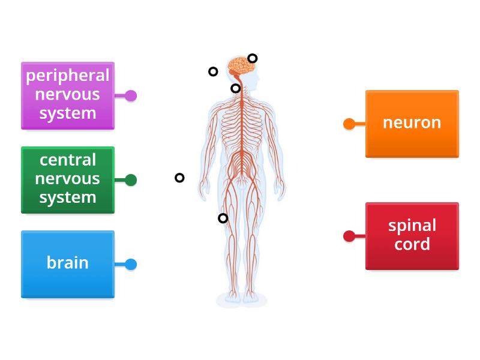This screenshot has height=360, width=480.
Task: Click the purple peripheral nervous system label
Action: coord(67,95)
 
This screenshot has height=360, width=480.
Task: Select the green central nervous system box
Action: coord(67,179)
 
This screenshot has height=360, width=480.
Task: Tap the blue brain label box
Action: coord(67,263)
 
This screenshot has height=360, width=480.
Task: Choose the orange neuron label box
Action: coord(412,123)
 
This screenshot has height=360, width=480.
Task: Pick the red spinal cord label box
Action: coord(412,235)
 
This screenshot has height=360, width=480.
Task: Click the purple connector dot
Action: coord(131,95)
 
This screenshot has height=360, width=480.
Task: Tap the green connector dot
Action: coord(131,180)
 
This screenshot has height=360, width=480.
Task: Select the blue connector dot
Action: coord(131,264)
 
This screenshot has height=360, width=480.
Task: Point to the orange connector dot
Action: coord(349,124)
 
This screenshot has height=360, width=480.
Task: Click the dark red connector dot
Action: coord(349,236)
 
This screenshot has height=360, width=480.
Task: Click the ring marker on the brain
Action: coord(253,58)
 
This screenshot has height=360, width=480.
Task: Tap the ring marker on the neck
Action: coord(236,89)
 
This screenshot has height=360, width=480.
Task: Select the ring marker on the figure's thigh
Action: coord(223,218)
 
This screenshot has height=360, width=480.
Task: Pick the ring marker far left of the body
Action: coord(179,178)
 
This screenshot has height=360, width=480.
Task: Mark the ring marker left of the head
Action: coord(213,71)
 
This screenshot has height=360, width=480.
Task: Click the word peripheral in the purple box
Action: coord(67,76)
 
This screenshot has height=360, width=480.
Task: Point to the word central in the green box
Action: coord(67,160)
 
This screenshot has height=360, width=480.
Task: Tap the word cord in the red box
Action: coord(412,245)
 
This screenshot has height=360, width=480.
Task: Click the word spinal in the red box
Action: coord(412,226)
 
